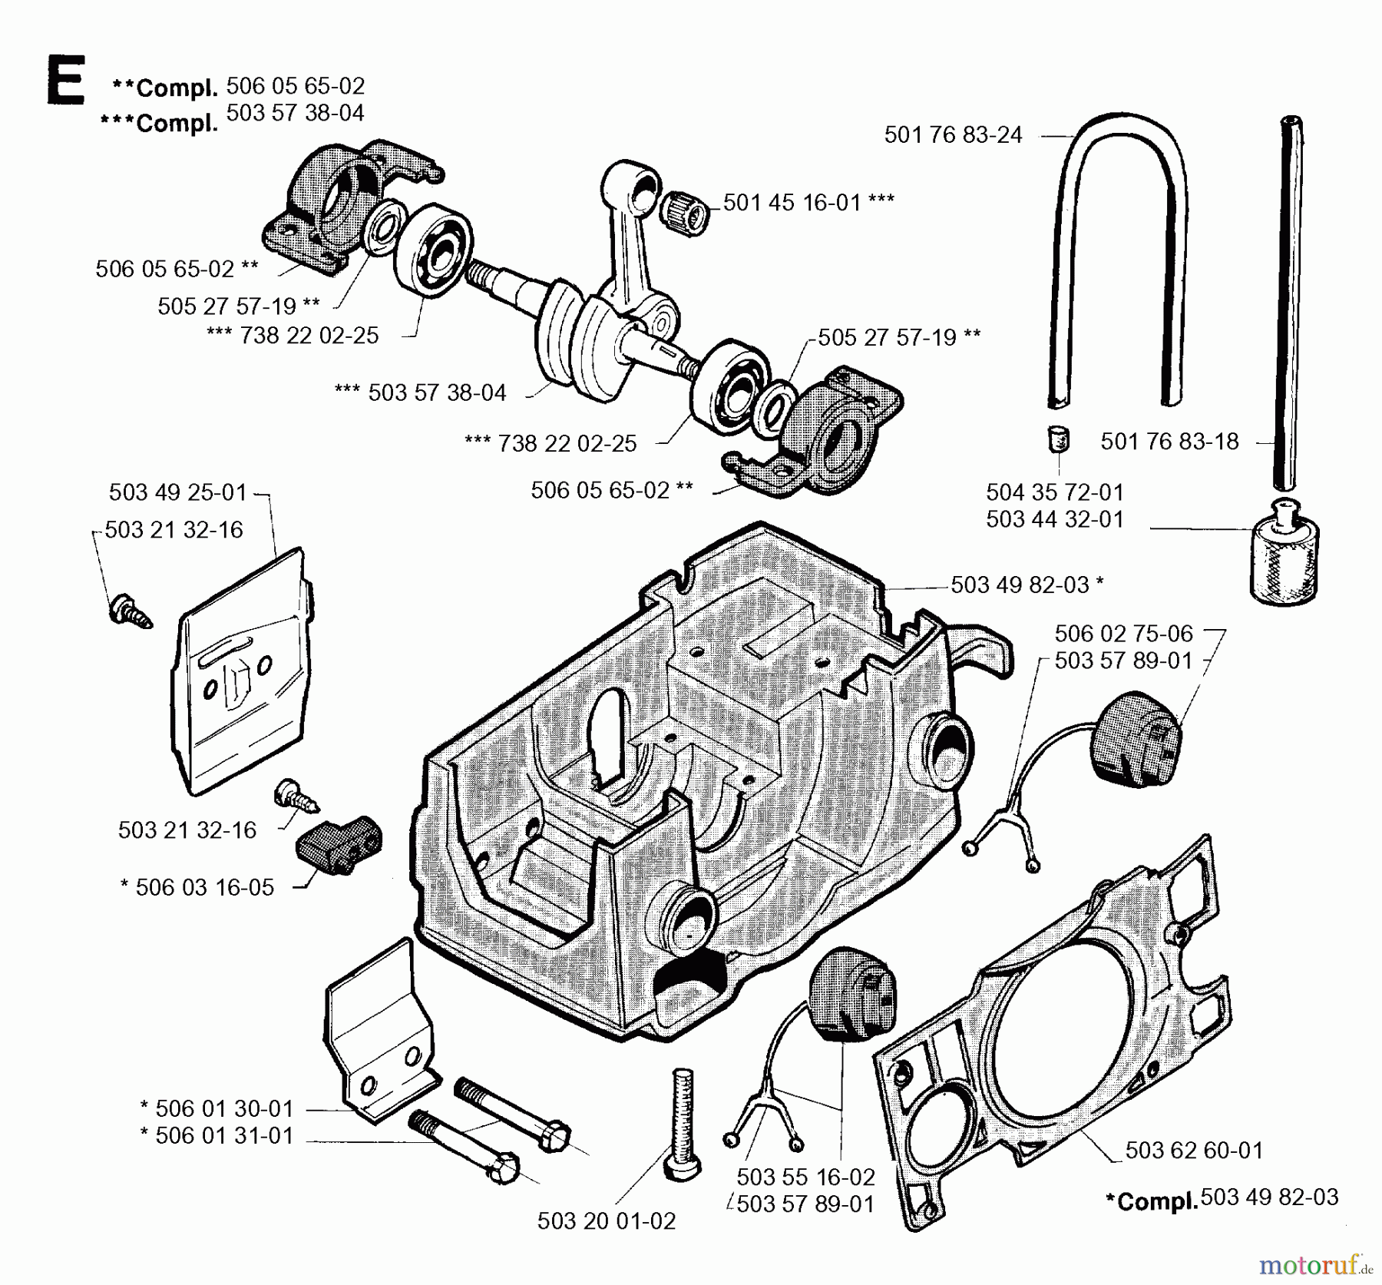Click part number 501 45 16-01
tap(792, 203)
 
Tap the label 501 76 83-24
tap(953, 135)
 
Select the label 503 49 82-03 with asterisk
tap(1027, 585)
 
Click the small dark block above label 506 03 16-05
tap(339, 845)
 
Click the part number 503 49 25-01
tap(178, 492)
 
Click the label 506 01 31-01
tap(217, 1136)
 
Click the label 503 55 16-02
tap(805, 1177)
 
